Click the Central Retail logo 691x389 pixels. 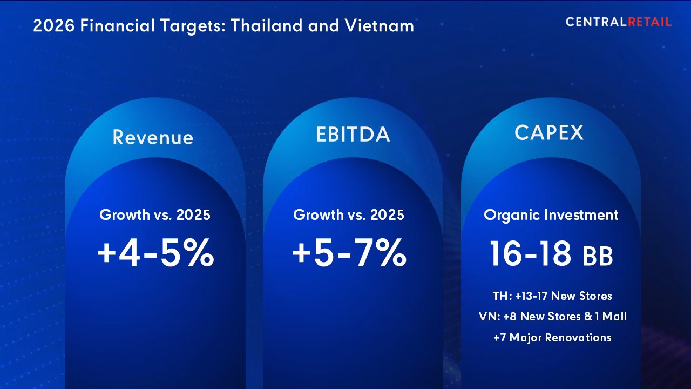tap(619, 22)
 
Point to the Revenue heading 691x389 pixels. tap(153, 137)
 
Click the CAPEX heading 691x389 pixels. tap(549, 132)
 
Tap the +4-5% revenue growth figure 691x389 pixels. tap(155, 254)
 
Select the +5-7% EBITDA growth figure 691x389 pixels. tap(349, 254)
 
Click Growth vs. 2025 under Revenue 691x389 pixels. tap(155, 215)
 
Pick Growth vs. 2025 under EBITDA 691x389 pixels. tap(349, 215)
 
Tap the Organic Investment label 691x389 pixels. tap(551, 215)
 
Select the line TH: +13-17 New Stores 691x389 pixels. tap(552, 296)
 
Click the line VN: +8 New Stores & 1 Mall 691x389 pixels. tap(552, 317)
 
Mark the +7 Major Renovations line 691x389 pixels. tap(552, 338)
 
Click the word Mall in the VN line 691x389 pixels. tap(615, 317)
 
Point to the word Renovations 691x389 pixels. tap(578, 338)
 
